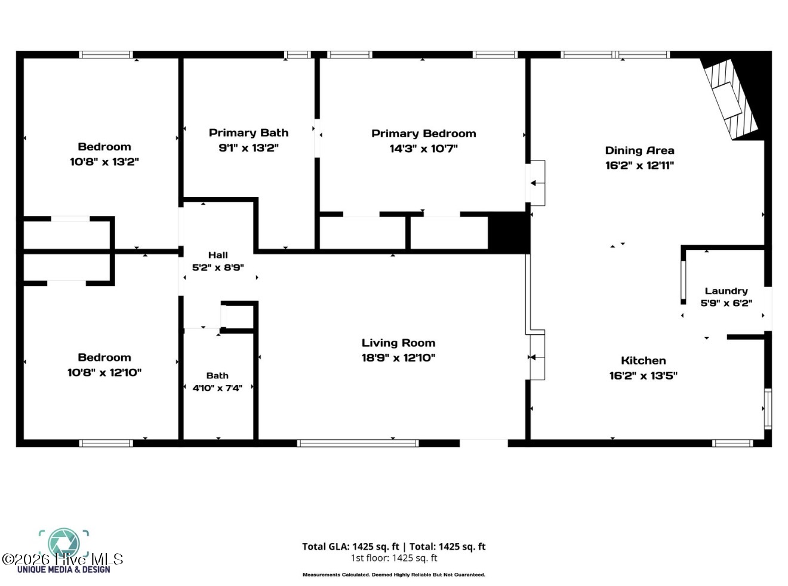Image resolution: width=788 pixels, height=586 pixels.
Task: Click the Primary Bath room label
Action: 248,133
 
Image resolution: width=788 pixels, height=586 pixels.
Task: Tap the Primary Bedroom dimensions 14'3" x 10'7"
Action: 423,149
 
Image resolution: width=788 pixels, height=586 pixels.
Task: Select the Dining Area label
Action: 639,150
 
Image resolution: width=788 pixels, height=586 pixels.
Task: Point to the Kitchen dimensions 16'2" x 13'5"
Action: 644,376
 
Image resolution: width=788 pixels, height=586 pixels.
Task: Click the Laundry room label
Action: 726,291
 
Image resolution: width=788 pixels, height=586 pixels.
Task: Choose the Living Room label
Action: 398,343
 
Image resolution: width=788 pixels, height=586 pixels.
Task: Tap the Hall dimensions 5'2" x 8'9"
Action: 218,267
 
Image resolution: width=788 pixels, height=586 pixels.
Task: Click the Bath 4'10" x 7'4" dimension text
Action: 217,388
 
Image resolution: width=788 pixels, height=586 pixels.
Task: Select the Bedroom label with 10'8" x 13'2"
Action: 104,147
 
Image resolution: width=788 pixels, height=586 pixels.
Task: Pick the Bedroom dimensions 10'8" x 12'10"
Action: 104,372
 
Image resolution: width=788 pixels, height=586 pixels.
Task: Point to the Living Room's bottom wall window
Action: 358,443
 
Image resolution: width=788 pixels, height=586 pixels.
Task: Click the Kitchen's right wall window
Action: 768,409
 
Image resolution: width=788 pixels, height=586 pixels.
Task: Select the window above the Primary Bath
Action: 297,54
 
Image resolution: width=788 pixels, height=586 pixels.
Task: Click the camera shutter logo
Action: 64,544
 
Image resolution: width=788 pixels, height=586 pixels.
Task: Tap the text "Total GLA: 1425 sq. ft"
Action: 350,547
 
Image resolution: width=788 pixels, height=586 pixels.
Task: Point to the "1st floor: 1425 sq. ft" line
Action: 394,558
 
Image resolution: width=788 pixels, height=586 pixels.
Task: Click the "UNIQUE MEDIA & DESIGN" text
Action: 64,570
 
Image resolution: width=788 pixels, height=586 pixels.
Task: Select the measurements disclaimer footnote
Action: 393,575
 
